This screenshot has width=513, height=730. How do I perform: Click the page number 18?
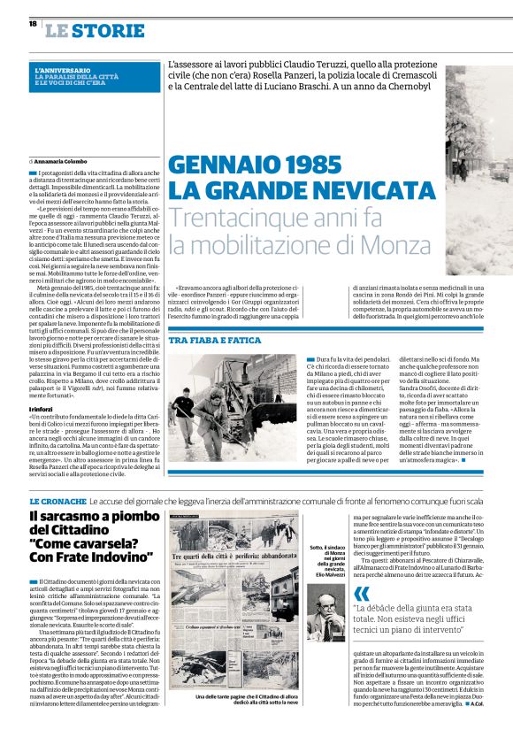32,23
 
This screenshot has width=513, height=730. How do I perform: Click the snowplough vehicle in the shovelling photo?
265,389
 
